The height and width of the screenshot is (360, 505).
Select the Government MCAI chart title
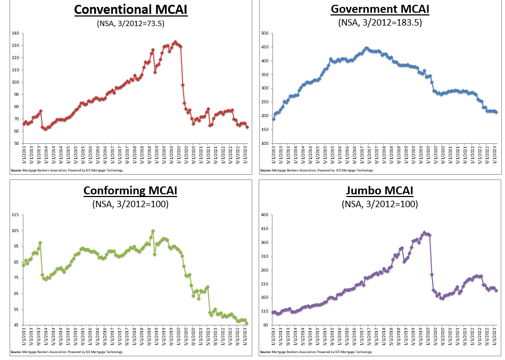tap(379, 10)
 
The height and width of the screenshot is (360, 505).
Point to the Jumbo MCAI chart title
tap(379, 191)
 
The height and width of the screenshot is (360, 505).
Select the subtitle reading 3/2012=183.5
tap(379, 22)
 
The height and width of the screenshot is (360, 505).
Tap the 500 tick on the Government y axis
tap(263, 34)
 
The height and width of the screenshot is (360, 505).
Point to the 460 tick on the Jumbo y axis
tap(263, 215)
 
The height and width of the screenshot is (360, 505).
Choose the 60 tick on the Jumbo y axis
tap(264, 325)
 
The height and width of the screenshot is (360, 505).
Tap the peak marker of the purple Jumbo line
tap(424, 232)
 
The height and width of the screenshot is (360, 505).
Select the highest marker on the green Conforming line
tap(153, 231)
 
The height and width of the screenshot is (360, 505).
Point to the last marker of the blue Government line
tap(496, 112)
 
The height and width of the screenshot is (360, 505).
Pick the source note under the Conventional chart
tap(67, 170)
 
